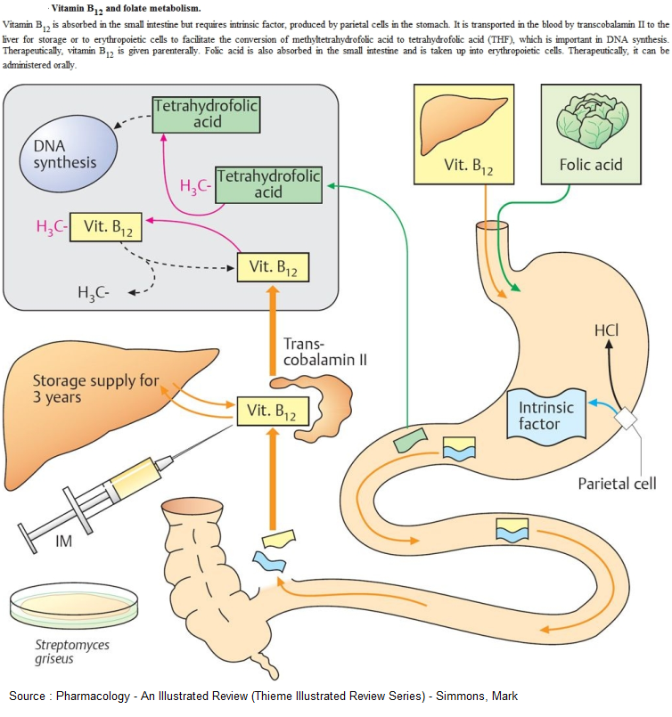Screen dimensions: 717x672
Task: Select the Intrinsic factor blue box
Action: pos(546,414)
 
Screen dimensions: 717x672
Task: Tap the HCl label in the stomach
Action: pos(606,331)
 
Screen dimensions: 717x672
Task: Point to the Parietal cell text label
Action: pos(617,484)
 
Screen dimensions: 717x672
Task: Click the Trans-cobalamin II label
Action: pos(314,352)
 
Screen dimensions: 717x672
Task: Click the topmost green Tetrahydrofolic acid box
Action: pos(205,113)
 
